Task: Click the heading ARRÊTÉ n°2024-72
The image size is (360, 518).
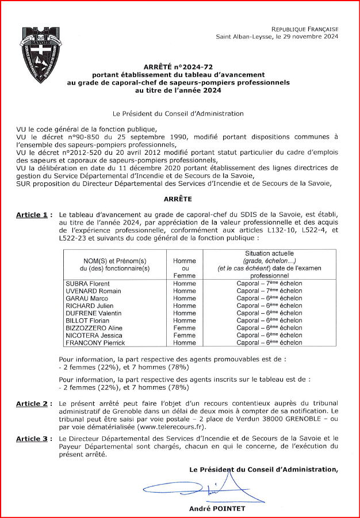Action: (x=178, y=67)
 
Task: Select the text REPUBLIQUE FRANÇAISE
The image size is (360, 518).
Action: (x=305, y=29)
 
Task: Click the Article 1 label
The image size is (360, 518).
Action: (x=32, y=215)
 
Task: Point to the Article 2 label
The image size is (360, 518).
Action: (x=32, y=404)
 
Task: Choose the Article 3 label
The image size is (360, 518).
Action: (x=32, y=439)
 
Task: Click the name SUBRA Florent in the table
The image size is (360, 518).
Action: (x=87, y=284)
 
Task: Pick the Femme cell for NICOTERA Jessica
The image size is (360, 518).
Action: (x=185, y=335)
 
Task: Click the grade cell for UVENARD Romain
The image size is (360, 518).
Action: (x=269, y=291)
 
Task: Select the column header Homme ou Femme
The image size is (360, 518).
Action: (x=185, y=268)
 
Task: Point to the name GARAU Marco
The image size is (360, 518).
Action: (x=87, y=299)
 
